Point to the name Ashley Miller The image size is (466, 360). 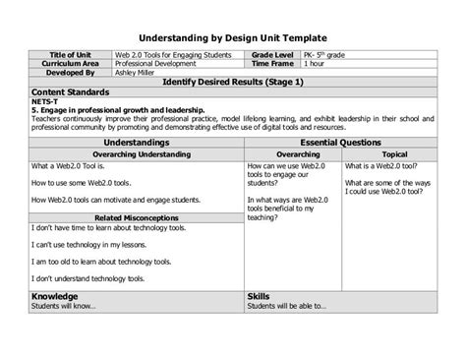pos(138,73)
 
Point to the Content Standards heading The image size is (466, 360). pos(68,92)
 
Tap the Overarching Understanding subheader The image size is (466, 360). pos(137,153)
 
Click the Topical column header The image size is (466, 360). pos(395,153)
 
